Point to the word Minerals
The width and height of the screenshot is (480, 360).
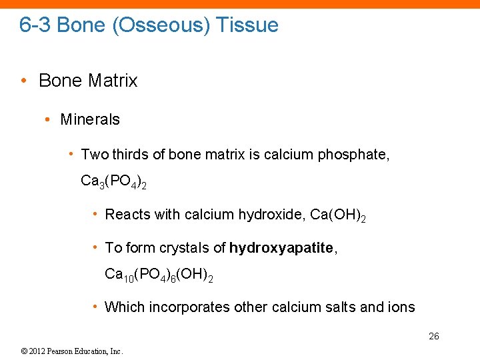(90, 119)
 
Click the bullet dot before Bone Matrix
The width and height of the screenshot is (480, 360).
(24, 81)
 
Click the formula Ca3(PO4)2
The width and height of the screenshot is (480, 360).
(113, 181)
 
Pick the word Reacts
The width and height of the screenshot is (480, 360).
(127, 215)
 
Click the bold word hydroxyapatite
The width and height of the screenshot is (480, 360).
(281, 248)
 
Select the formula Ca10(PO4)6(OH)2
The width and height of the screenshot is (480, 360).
(159, 274)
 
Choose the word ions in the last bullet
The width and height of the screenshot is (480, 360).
(401, 307)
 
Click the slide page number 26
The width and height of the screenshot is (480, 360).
(433, 336)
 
